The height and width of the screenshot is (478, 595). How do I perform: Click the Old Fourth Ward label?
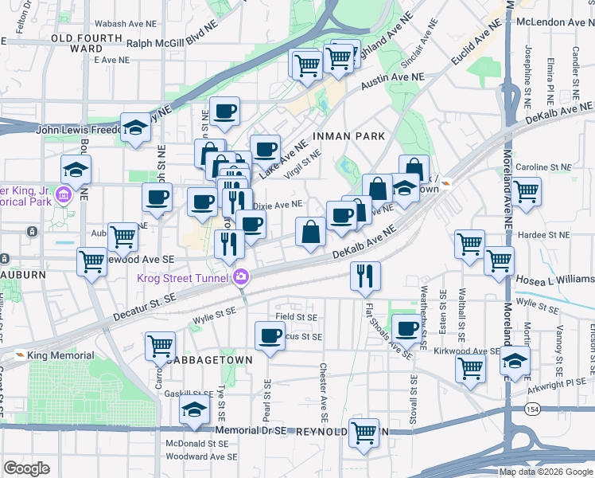click(77, 42)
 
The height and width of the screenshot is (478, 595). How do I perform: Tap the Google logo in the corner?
click(27, 468)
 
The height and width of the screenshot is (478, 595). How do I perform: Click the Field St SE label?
click(296, 317)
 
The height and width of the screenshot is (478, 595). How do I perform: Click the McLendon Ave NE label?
click(554, 23)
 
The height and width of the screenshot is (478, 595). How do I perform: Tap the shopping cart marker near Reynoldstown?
click(364, 433)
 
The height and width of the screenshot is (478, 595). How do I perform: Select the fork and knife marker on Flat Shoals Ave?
click(365, 276)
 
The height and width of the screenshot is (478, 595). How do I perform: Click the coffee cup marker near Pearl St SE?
click(270, 335)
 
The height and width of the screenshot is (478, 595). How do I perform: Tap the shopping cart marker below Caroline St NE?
click(526, 191)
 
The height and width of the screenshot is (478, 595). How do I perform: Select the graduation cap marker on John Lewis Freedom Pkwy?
click(136, 127)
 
